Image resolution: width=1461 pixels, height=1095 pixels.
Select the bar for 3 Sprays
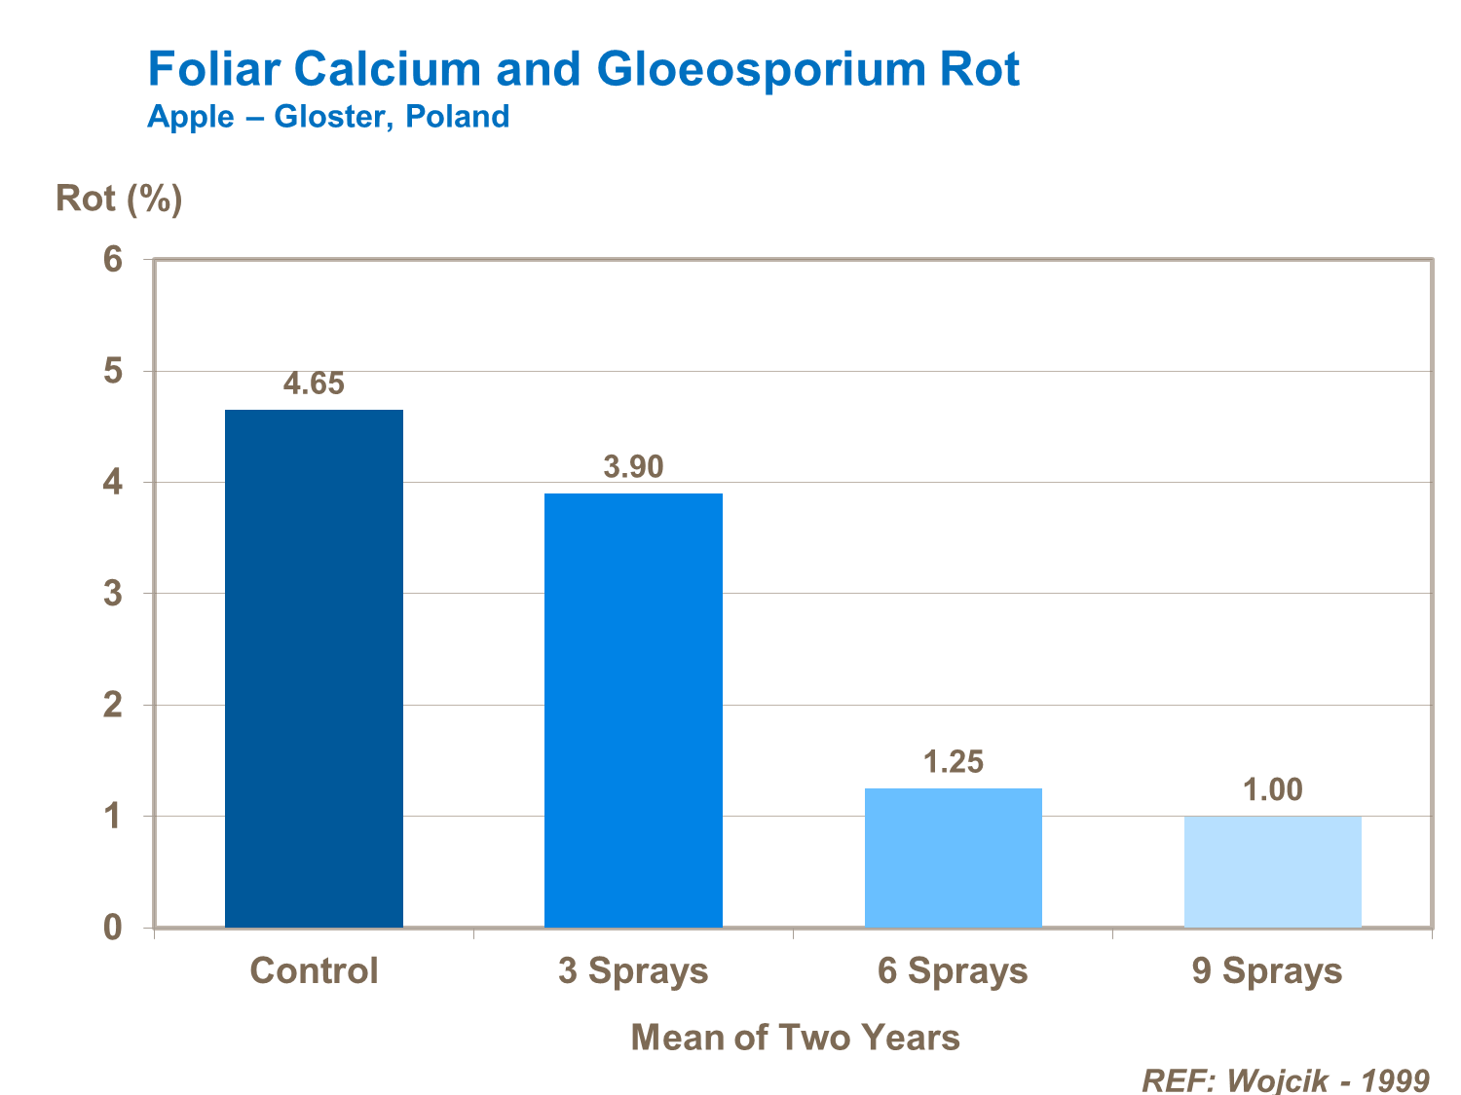pyautogui.click(x=633, y=710)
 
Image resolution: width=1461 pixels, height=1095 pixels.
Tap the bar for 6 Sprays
pyautogui.click(x=953, y=857)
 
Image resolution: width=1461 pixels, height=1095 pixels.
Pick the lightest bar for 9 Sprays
pyautogui.click(x=1272, y=871)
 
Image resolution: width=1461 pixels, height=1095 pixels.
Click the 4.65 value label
pyautogui.click(x=314, y=383)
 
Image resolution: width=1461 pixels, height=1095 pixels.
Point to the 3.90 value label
pyautogui.click(x=633, y=467)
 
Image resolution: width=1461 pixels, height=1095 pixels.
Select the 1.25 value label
pyautogui.click(x=953, y=761)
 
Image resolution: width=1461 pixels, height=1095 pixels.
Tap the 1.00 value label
pyautogui.click(x=1272, y=789)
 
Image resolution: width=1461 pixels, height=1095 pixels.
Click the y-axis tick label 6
pyautogui.click(x=114, y=260)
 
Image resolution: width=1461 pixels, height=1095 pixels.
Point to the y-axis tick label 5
pyautogui.click(x=114, y=371)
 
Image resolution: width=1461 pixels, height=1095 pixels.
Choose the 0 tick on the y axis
pyautogui.click(x=114, y=927)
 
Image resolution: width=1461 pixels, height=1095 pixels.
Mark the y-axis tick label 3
pyautogui.click(x=114, y=594)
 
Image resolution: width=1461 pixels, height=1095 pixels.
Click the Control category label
pyautogui.click(x=314, y=970)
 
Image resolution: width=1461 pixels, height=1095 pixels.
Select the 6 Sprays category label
pyautogui.click(x=953, y=970)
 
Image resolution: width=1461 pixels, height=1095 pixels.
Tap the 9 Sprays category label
pyautogui.click(x=1267, y=970)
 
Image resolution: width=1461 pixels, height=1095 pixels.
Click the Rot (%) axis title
pyautogui.click(x=119, y=199)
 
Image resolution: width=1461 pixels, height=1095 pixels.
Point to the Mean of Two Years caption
pyautogui.click(x=795, y=1037)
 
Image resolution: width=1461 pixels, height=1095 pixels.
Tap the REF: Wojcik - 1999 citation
pyautogui.click(x=1285, y=1080)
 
